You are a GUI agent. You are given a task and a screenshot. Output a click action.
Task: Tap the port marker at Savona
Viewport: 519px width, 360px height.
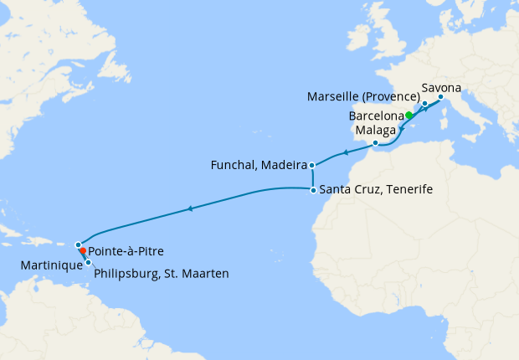click(x=440, y=96)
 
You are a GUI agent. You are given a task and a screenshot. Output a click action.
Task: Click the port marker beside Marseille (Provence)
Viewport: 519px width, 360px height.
click(x=424, y=104)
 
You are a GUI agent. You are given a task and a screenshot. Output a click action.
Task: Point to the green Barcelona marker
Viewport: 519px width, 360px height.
click(x=409, y=116)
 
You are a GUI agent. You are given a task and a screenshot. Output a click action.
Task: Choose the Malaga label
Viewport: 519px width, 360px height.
click(x=373, y=131)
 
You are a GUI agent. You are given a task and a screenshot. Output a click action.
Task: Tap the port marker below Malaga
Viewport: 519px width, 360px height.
click(x=375, y=144)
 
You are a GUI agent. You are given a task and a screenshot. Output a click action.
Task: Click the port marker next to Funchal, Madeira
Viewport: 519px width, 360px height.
click(x=311, y=165)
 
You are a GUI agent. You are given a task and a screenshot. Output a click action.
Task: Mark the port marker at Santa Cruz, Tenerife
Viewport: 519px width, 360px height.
click(x=312, y=190)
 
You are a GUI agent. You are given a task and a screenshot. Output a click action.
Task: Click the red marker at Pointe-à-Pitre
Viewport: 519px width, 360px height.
click(x=82, y=250)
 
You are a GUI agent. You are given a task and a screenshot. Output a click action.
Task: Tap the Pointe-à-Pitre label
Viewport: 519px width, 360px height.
click(x=126, y=250)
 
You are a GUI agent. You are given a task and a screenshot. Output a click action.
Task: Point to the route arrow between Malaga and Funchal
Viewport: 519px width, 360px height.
click(x=343, y=154)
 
